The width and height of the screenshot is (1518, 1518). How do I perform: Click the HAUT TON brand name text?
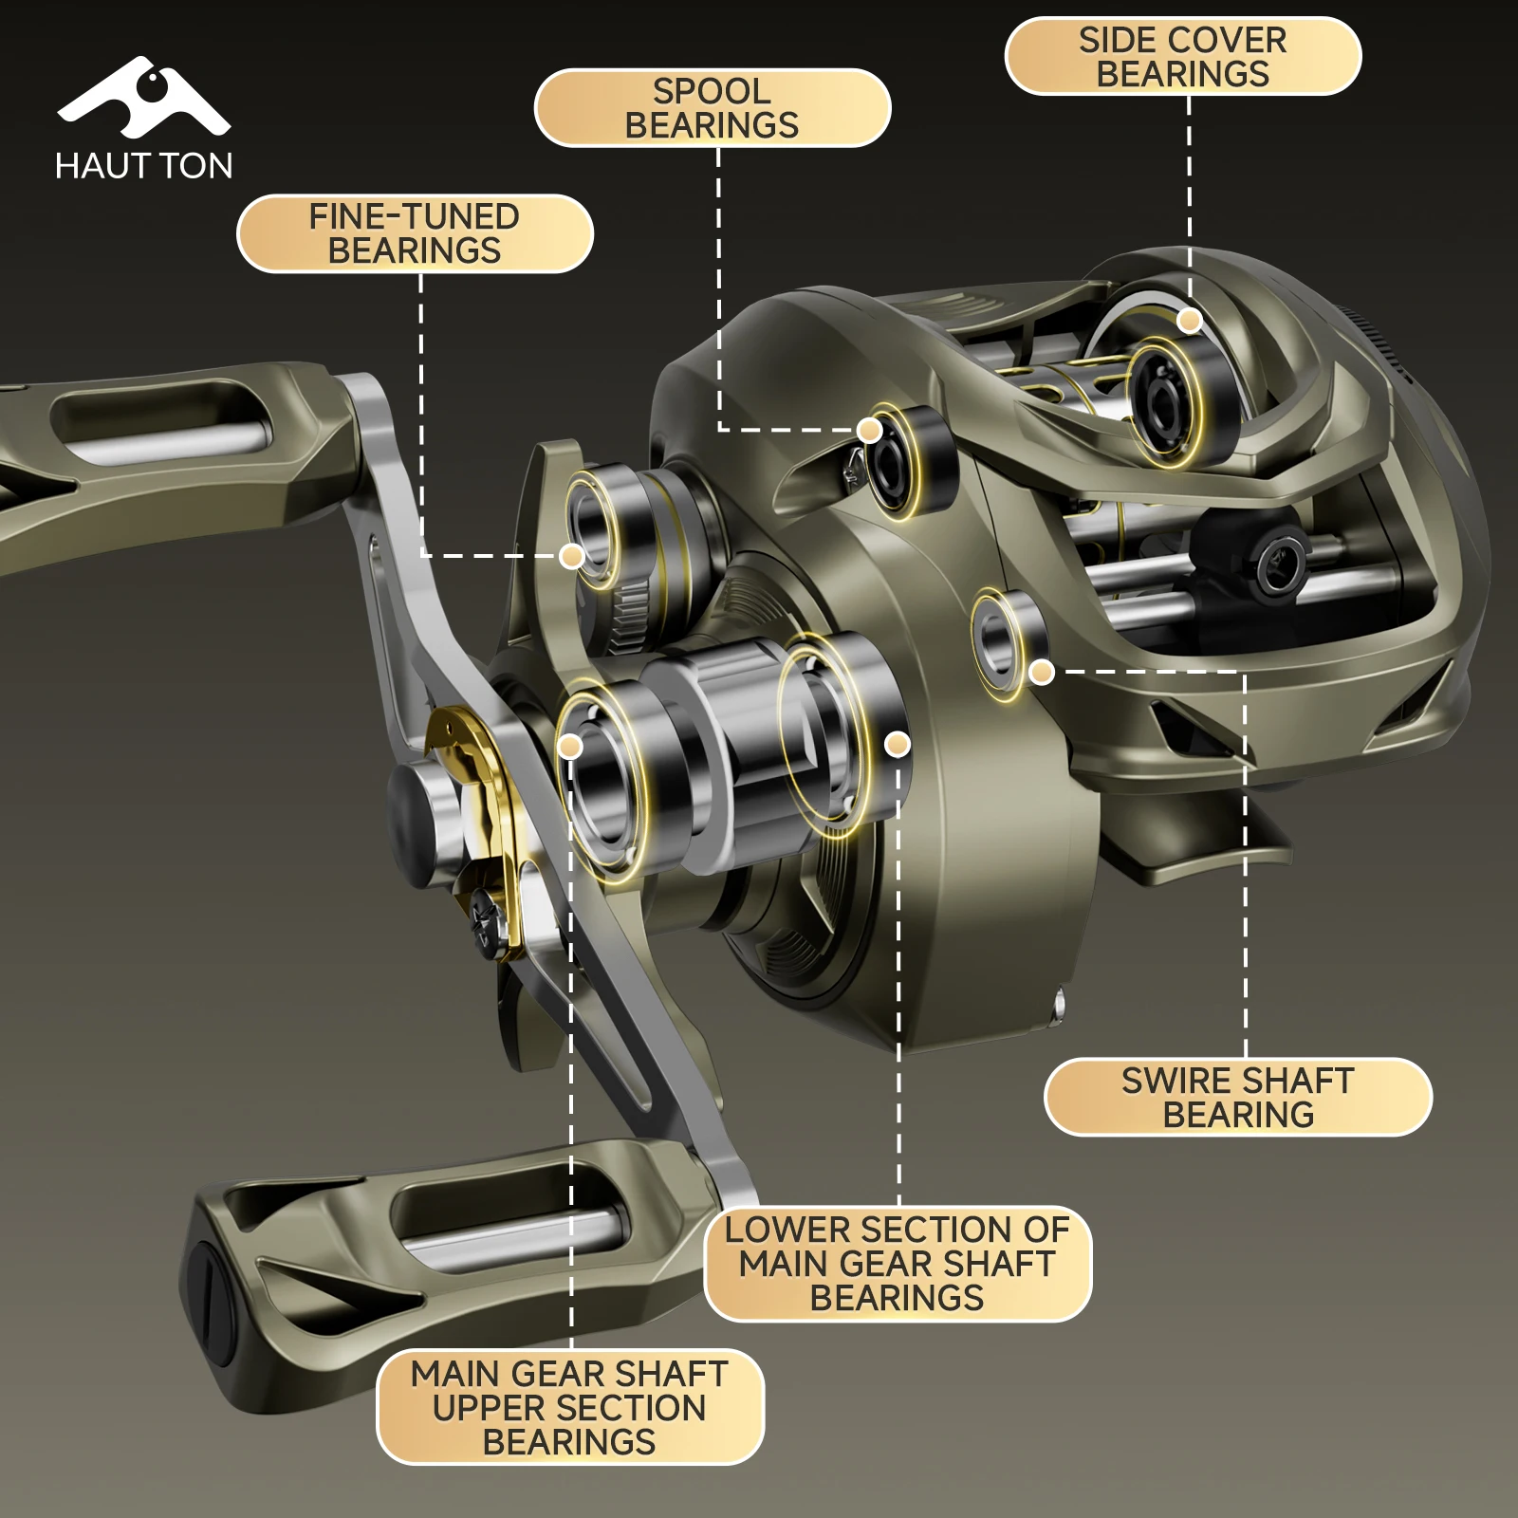[143, 166]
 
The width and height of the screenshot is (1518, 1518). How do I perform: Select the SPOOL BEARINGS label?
[713, 108]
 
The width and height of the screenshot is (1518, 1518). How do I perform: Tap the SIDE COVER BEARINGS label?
[1183, 57]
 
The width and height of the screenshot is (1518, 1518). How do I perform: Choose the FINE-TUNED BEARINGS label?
[415, 233]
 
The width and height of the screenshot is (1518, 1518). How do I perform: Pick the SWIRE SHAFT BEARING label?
[1238, 1097]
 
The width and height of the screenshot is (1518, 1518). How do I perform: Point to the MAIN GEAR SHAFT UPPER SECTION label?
[570, 1407]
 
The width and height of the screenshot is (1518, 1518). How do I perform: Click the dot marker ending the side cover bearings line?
[1190, 321]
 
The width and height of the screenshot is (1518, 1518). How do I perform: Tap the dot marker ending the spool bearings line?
[869, 431]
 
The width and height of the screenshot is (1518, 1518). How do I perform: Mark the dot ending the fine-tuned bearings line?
[571, 556]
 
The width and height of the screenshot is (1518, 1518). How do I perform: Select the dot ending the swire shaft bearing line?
[1042, 672]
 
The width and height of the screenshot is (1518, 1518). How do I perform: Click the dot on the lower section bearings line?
[898, 745]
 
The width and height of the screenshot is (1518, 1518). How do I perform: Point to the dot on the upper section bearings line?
[570, 747]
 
